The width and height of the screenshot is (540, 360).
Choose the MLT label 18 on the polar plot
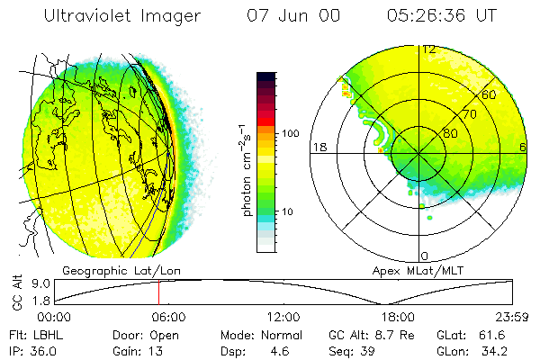tap(318, 147)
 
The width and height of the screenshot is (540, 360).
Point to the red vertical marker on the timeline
tap(158, 292)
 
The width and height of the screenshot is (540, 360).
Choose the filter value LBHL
tap(43, 334)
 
